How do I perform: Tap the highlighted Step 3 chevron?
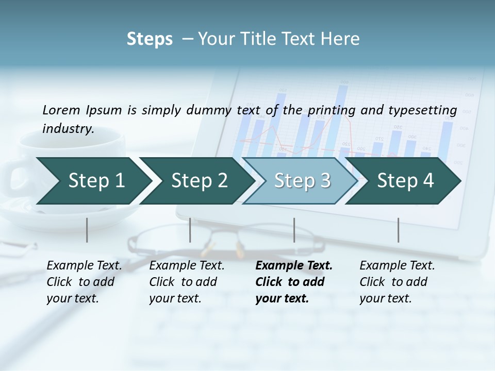coord(302,180)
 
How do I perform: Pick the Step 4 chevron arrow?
coord(405,180)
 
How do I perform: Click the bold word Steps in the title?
coord(150,39)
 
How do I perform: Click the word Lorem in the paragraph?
coord(61,110)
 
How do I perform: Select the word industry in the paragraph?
coord(68,128)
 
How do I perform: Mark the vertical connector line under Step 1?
coord(87,230)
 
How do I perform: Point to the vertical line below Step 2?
coord(190,230)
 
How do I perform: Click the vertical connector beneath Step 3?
coord(294,230)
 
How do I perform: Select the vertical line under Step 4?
coord(398,230)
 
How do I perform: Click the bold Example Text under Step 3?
coord(294,266)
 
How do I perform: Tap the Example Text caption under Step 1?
coord(84,266)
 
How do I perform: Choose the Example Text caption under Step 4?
coord(397,266)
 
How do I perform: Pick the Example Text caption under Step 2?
coord(187,266)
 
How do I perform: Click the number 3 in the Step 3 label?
coord(325,180)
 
